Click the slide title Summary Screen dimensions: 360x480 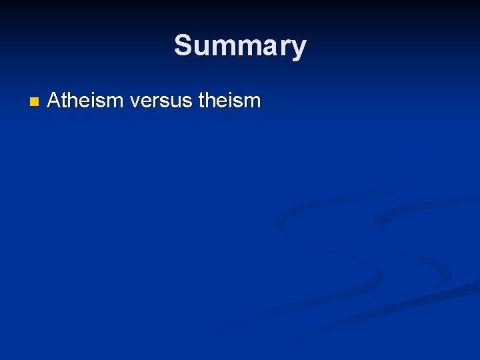[240, 46]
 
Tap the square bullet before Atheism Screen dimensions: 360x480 [35, 102]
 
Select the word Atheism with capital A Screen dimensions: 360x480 [85, 101]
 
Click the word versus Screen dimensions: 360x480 [161, 101]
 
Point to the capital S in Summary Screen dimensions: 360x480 [183, 45]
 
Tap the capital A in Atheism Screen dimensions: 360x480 [54, 101]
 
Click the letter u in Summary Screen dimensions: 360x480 [200, 47]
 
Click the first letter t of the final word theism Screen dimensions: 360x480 [201, 101]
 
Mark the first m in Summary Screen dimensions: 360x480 [221, 47]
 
